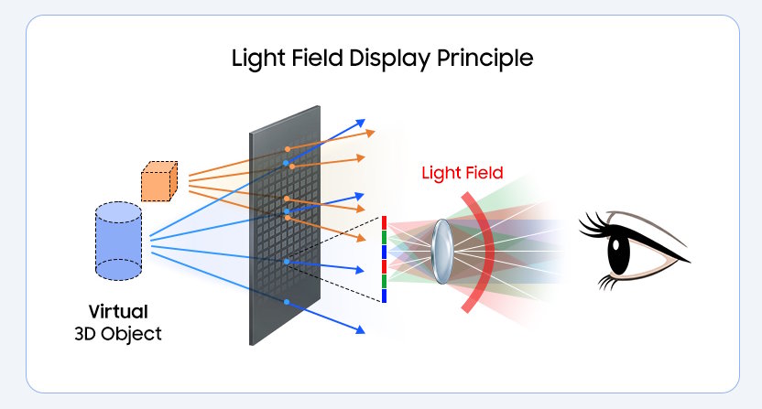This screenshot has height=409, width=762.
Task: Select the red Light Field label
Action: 462,172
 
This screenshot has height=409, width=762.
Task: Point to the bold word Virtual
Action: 117,311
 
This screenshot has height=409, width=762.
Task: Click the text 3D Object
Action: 117,333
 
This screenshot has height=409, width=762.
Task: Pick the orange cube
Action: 158,181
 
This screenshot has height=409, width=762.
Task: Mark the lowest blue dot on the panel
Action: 287,301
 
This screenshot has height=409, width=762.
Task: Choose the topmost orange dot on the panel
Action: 288,148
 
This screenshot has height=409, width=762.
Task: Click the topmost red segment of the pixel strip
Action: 385,222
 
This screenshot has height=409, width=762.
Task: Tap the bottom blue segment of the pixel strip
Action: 385,296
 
